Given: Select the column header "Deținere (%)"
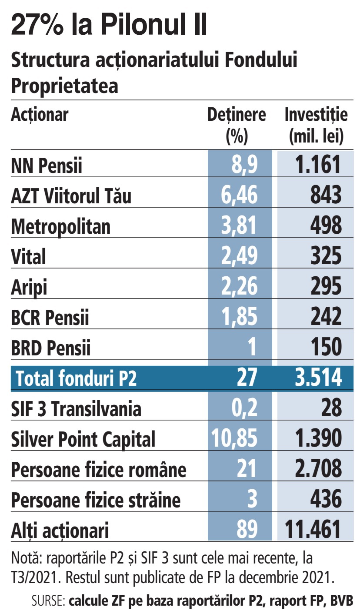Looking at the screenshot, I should pos(237,126).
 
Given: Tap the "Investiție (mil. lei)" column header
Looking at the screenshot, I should pos(316,126).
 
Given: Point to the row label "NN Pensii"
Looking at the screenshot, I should pos(47,166).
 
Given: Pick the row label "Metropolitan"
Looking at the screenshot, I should pos(60,227).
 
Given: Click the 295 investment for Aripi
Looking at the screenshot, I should pos(326,287).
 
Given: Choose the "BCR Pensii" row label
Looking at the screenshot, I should pos(50,318).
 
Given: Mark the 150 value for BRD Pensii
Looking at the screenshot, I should pos(326,348).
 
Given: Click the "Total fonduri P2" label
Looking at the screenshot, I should pos(76,379).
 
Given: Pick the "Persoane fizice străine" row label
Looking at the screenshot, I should pos(95,501).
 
